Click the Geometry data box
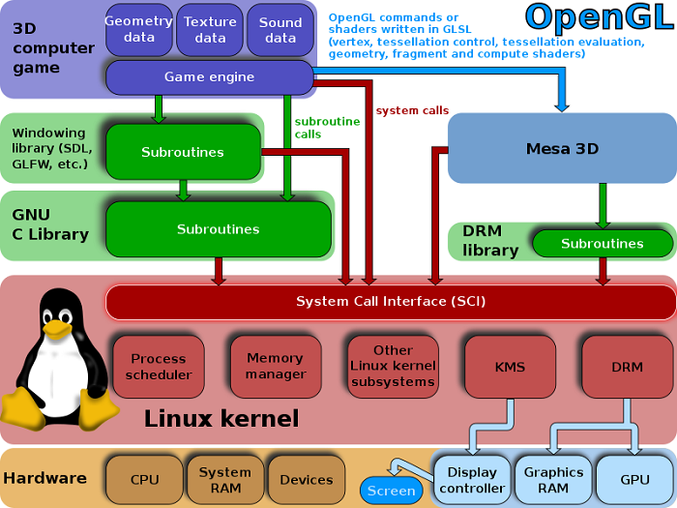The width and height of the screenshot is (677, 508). point(139,29)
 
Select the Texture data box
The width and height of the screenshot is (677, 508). point(210,29)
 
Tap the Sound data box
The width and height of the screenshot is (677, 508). point(280,29)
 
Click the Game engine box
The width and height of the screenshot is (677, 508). point(209,77)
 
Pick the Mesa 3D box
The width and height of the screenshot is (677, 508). point(562,149)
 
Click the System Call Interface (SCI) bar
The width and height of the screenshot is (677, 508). point(391,302)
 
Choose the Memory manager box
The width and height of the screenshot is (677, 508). point(275,367)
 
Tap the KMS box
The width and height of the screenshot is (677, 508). point(510,367)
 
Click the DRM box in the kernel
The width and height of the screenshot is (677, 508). point(626,367)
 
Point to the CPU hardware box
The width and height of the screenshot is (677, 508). point(144,479)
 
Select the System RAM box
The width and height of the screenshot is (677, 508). point(224,479)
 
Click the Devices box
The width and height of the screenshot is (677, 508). point(306,479)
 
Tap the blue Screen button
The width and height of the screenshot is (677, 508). point(392,491)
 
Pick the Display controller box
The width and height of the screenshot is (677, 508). point(472,480)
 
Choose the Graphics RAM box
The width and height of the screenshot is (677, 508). point(553,480)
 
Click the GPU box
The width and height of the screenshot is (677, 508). point(634,480)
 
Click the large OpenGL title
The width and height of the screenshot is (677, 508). point(595,17)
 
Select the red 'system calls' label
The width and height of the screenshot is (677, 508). point(411,110)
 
